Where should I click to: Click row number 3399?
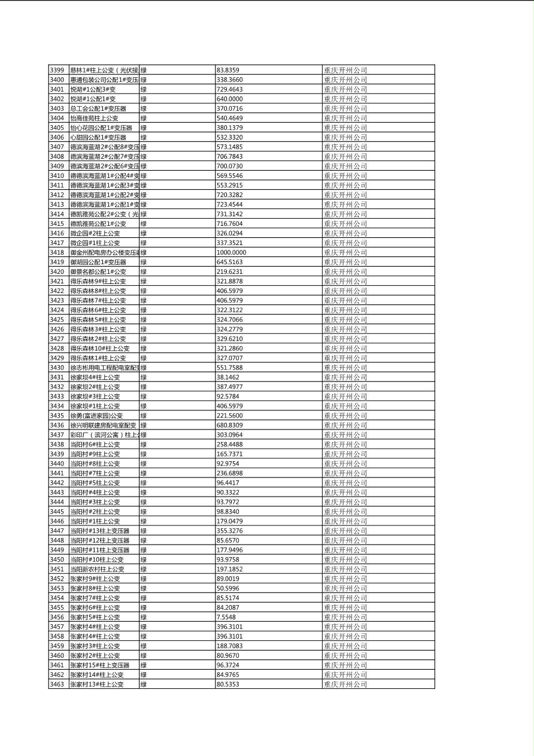click(58, 70)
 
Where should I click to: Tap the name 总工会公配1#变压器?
click(98, 108)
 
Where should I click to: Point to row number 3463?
click(58, 684)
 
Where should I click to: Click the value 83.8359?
click(228, 70)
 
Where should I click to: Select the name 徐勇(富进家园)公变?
click(96, 416)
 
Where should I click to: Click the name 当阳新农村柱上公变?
click(98, 569)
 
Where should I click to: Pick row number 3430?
click(58, 368)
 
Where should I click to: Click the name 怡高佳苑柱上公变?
click(95, 118)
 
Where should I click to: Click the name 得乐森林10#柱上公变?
click(99, 349)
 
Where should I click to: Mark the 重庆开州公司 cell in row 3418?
click(345, 252)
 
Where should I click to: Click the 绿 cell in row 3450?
click(144, 560)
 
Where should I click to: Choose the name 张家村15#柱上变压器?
click(100, 665)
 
